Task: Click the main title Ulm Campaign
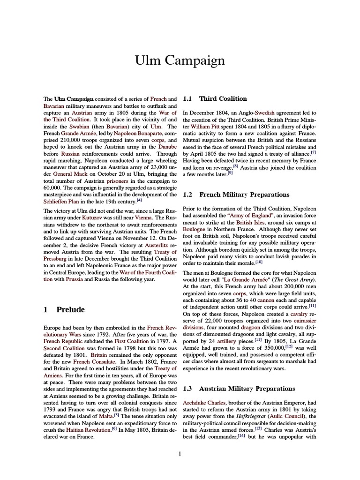point(180,61)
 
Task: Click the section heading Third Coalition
point(223,99)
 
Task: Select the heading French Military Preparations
point(244,195)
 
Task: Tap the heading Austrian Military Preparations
point(247,389)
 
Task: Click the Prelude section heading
point(70,310)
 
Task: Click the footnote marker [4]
point(139,200)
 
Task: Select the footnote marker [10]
point(258,262)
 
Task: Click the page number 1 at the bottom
point(180,453)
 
